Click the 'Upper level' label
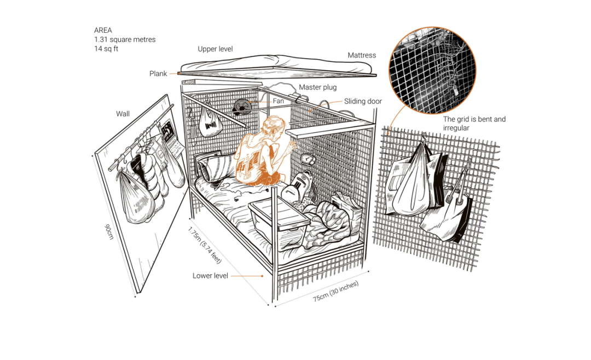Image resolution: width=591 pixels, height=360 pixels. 215,49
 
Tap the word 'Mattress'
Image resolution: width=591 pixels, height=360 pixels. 362,55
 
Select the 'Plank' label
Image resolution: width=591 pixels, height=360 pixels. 158,73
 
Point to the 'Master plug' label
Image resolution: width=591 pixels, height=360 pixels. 317,88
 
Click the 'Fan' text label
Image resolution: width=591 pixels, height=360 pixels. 278,101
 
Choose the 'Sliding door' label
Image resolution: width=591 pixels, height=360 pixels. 363,101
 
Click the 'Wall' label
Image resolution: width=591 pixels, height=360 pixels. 123,114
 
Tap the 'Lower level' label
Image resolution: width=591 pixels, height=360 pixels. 210,276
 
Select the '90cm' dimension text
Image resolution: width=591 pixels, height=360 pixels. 109,230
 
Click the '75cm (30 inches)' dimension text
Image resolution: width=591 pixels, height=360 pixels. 336,291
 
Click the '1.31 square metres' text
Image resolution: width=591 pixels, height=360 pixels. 124,39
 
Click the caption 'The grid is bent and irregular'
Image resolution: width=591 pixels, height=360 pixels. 474,123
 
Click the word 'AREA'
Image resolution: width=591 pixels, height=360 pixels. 103,31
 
